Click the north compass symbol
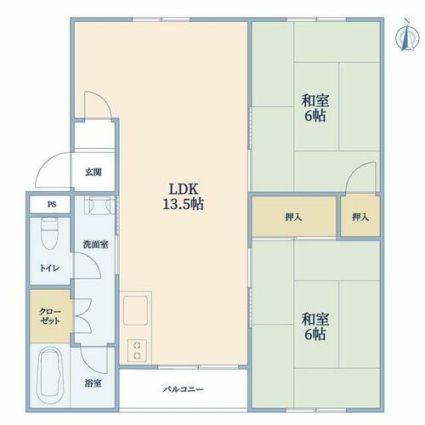(x=407, y=35)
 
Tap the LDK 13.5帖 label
(x=184, y=196)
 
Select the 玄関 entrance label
(x=93, y=172)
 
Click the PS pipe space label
(x=52, y=204)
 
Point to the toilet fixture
(x=49, y=233)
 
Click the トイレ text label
(x=49, y=268)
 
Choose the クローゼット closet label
(x=50, y=316)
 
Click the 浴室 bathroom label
(x=93, y=383)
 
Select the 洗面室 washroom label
(x=95, y=244)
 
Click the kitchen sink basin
(x=135, y=311)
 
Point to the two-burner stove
(x=137, y=350)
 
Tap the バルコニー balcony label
(x=183, y=389)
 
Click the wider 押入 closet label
(x=293, y=218)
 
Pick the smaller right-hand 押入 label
(x=360, y=218)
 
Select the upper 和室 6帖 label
(x=315, y=108)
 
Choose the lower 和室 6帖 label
(x=315, y=326)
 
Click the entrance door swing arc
(x=45, y=164)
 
